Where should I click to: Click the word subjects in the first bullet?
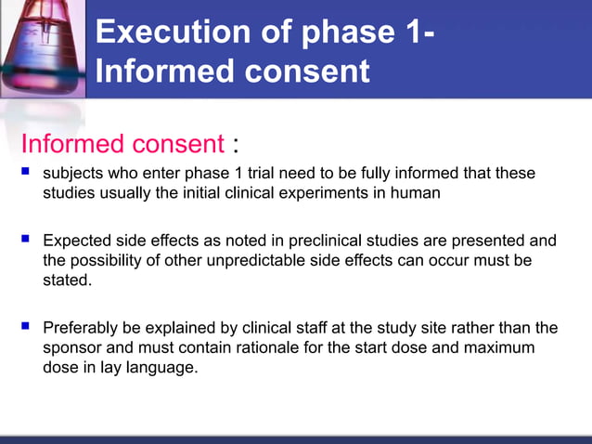tap(73, 174)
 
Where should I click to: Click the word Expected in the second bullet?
tap(80, 241)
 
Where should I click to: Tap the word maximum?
tap(500, 346)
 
